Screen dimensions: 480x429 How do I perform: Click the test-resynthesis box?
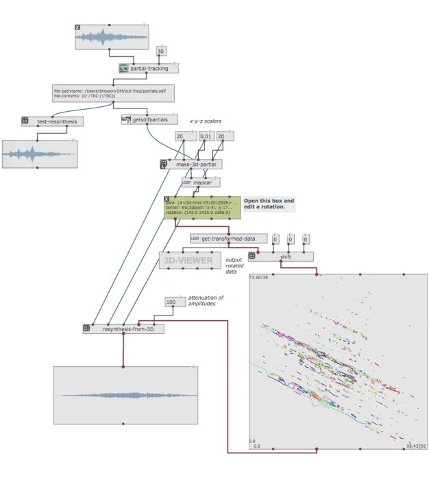point(52,121)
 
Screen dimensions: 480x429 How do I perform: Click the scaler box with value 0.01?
point(206,137)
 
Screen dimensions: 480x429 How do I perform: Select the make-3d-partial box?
point(195,165)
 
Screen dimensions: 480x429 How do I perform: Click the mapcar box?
point(201,183)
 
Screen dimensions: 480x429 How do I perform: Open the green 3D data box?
point(202,208)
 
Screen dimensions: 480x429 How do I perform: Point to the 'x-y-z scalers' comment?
point(210,121)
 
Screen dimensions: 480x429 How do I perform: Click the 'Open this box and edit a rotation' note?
point(269,204)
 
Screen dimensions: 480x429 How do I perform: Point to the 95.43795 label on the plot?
point(415,446)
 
